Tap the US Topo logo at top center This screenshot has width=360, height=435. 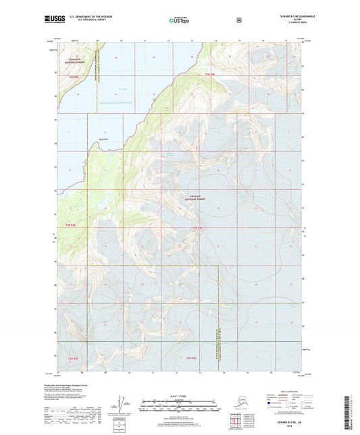coord(179,21)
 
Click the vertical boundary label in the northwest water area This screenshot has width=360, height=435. coord(97,68)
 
